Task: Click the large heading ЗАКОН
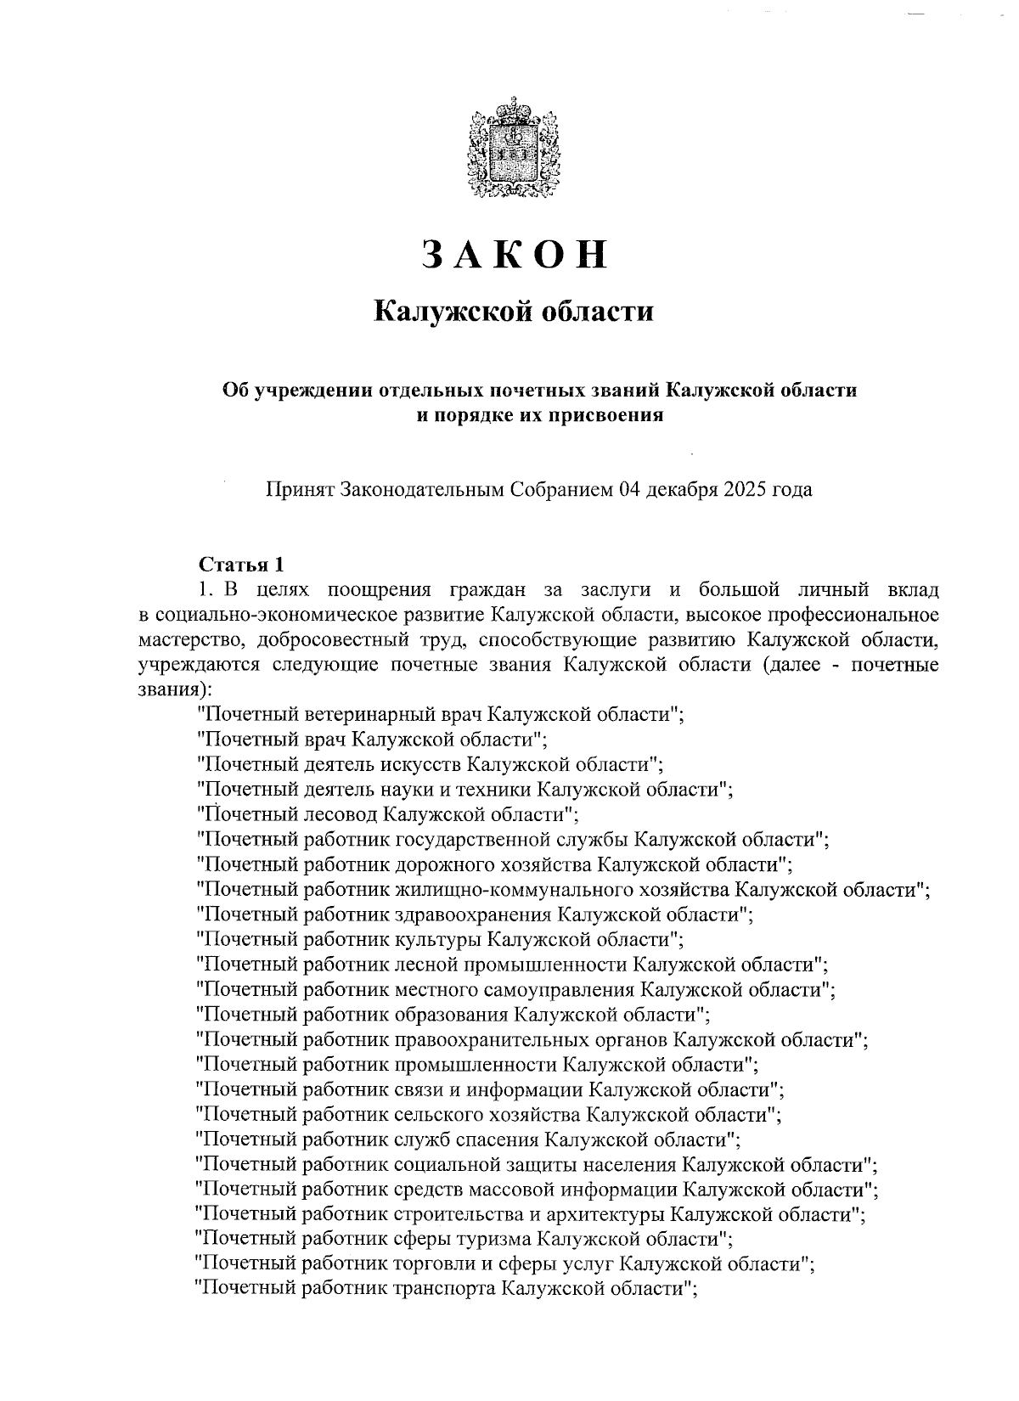515,255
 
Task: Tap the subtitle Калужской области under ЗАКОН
515,312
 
